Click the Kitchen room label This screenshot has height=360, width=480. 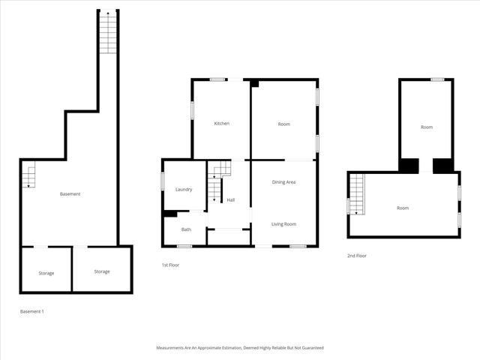pos(221,124)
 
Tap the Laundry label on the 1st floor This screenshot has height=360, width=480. pos(184,189)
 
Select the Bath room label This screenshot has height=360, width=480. pos(186,229)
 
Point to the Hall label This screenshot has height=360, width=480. pos(231,199)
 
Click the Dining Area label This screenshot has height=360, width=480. pos(283,182)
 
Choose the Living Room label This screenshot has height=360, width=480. pos(283,224)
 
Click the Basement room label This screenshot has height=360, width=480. pos(70,194)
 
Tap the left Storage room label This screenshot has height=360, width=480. pos(46,273)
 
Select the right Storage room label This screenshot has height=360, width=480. pos(102,271)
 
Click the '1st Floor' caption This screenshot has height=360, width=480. pos(170,265)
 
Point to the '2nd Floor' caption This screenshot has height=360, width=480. pos(356,256)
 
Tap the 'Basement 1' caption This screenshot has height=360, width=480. pos(31,311)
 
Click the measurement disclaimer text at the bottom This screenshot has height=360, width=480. pos(240,348)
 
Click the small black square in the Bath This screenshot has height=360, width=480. pos(169,214)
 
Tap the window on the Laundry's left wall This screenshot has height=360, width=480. pos(163,181)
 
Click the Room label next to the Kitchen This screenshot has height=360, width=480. pos(283,124)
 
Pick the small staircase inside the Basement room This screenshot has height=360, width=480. pos(28,175)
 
